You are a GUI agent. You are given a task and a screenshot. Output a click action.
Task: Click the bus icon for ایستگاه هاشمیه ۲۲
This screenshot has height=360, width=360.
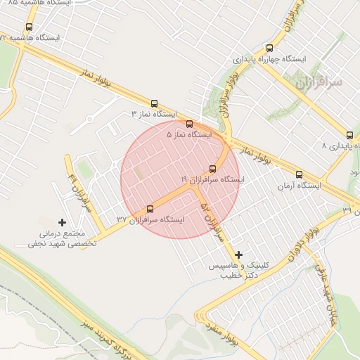click(x=28, y=27)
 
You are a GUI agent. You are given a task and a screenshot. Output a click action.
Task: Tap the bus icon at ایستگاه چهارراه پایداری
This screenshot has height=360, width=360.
click(x=269, y=49)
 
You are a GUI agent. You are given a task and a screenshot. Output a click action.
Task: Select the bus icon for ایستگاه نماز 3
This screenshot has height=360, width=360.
click(x=154, y=103)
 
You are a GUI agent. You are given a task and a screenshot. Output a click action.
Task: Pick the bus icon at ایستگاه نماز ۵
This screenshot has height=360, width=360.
click(x=189, y=124)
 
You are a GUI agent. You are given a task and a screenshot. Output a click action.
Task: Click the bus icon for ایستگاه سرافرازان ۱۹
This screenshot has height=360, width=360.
click(x=212, y=168)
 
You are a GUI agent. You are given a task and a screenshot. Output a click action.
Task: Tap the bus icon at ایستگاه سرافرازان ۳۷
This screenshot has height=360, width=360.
click(x=149, y=209)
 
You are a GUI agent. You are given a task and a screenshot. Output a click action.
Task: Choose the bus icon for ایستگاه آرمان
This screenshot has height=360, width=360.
click(x=299, y=174)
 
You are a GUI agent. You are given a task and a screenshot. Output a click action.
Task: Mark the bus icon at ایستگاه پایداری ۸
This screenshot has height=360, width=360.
click(x=349, y=135)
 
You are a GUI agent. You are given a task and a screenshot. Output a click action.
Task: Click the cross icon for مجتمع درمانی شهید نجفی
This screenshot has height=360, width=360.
click(x=62, y=222)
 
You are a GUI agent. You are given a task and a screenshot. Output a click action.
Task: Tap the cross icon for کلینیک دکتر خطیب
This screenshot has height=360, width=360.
click(x=238, y=255)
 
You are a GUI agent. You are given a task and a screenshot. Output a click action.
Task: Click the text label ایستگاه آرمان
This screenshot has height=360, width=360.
click(x=298, y=186)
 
